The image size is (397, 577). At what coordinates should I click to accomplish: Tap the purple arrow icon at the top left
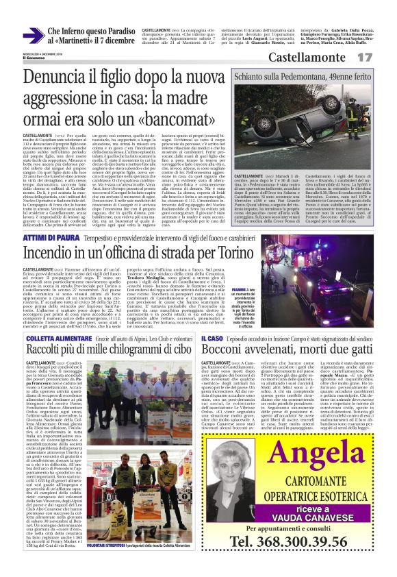click(31, 36)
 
